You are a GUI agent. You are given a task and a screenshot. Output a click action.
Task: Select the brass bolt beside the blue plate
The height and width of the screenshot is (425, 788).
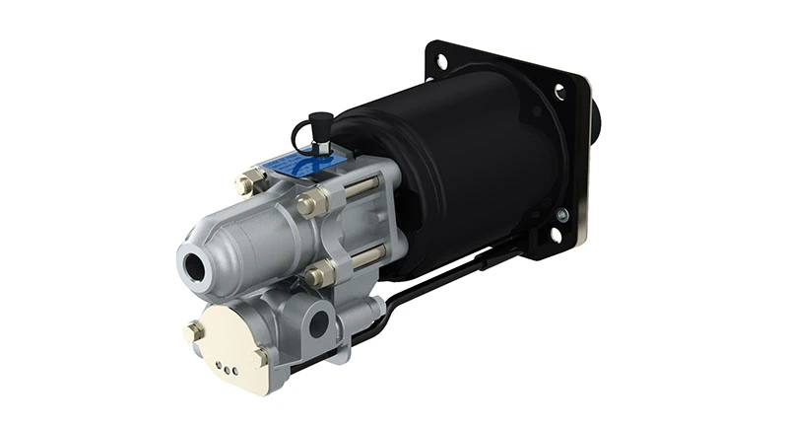[249, 182]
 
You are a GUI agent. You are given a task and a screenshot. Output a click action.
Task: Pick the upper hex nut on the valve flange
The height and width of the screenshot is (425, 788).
[312, 204]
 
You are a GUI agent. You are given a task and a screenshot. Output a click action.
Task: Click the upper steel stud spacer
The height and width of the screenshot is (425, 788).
[363, 188]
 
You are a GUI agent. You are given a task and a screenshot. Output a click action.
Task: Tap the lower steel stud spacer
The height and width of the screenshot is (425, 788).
[367, 258]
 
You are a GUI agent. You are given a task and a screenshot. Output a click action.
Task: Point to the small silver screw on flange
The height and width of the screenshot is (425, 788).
[562, 213]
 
